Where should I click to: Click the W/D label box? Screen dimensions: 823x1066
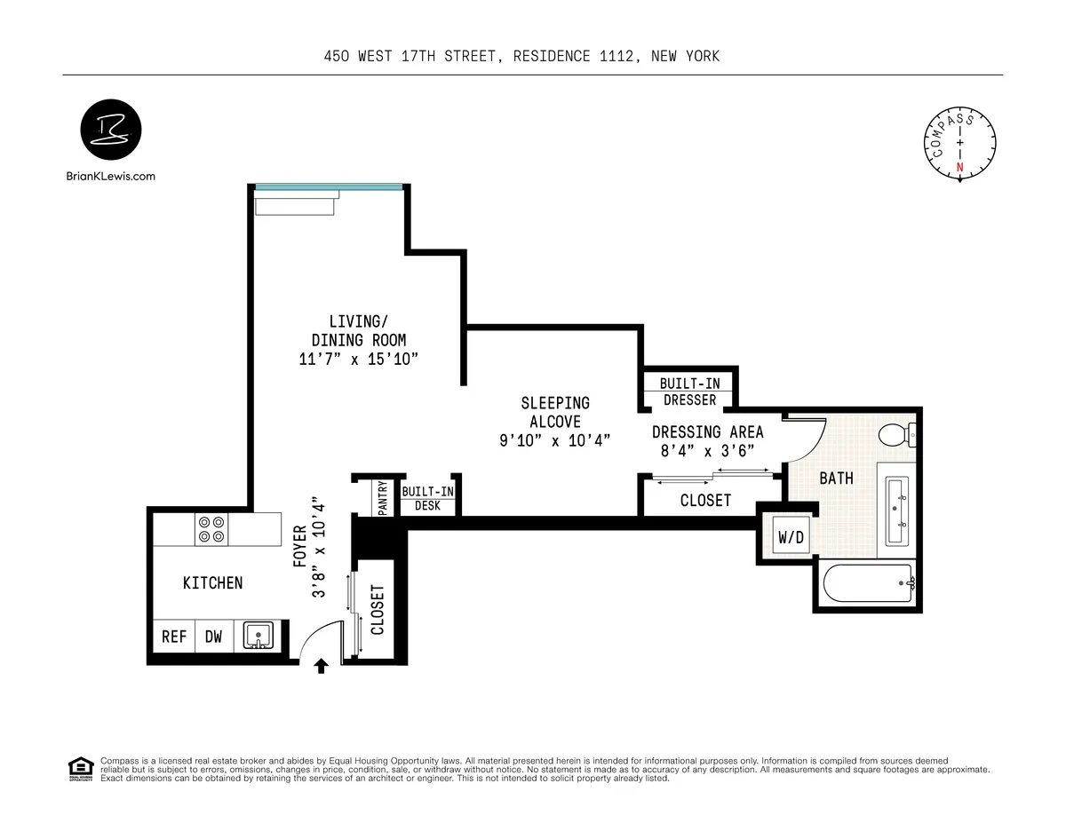click(x=790, y=537)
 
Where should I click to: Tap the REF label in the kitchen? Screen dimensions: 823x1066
click(x=174, y=637)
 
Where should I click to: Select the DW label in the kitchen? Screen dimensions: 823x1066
click(x=214, y=637)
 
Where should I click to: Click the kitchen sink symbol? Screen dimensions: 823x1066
click(x=258, y=636)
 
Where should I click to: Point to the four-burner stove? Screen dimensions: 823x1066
click(x=211, y=530)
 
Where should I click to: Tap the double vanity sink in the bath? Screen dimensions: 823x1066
click(x=898, y=510)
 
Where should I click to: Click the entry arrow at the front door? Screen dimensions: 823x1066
click(x=321, y=666)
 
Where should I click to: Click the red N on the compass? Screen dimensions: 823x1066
click(x=959, y=167)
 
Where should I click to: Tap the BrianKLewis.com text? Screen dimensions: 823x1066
click(x=111, y=176)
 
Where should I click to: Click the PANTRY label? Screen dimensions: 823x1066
click(x=383, y=498)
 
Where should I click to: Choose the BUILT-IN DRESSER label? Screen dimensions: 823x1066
click(x=689, y=392)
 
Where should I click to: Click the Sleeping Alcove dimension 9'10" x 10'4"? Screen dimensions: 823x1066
click(x=554, y=441)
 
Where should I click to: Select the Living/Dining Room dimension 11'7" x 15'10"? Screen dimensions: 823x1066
click(x=358, y=360)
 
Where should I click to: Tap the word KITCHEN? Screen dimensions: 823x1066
click(x=212, y=583)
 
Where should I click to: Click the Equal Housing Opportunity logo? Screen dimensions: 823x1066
click(x=81, y=769)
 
